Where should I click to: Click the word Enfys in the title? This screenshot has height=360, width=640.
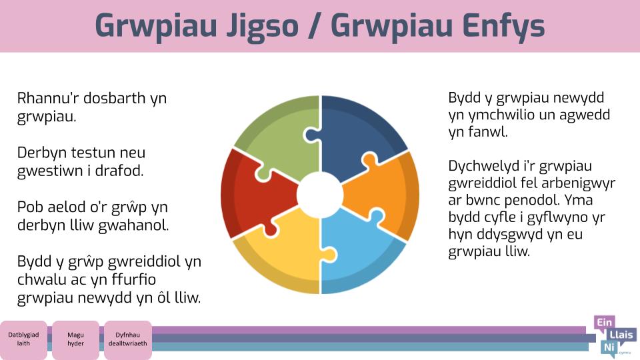click(504, 26)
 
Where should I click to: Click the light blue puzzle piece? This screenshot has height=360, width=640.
click(359, 253)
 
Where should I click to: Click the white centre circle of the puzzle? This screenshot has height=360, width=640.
click(320, 195)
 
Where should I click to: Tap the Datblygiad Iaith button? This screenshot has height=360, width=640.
click(23, 339)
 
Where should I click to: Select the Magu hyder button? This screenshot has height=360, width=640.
click(75, 339)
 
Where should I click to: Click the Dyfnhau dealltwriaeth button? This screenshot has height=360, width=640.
click(128, 339)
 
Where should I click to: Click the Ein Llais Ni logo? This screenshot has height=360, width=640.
click(614, 337)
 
